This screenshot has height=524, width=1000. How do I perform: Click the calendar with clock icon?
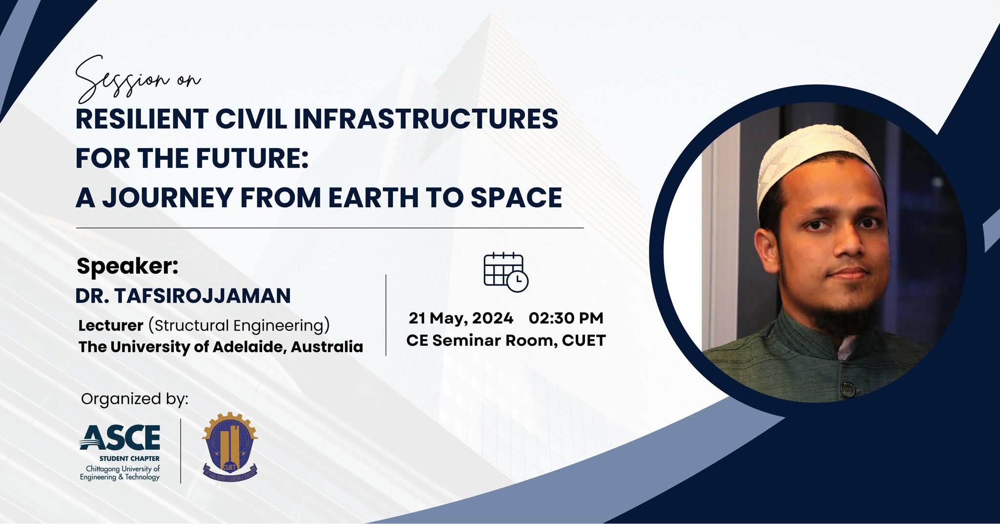click(x=506, y=272)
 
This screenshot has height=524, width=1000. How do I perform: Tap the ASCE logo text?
click(x=120, y=438)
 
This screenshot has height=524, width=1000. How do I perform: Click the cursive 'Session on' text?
click(x=138, y=78)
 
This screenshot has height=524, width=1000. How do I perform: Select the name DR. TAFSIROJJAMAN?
click(x=183, y=296)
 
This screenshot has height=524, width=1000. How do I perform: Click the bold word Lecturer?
click(x=111, y=325)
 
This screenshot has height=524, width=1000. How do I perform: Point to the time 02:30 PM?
click(x=566, y=318)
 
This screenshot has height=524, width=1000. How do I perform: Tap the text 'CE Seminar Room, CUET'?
click(x=506, y=340)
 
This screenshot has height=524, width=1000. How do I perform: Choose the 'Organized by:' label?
click(x=135, y=399)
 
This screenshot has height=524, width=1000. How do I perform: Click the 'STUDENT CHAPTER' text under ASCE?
click(x=129, y=459)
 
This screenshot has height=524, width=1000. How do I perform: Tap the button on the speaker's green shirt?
click(x=849, y=389)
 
